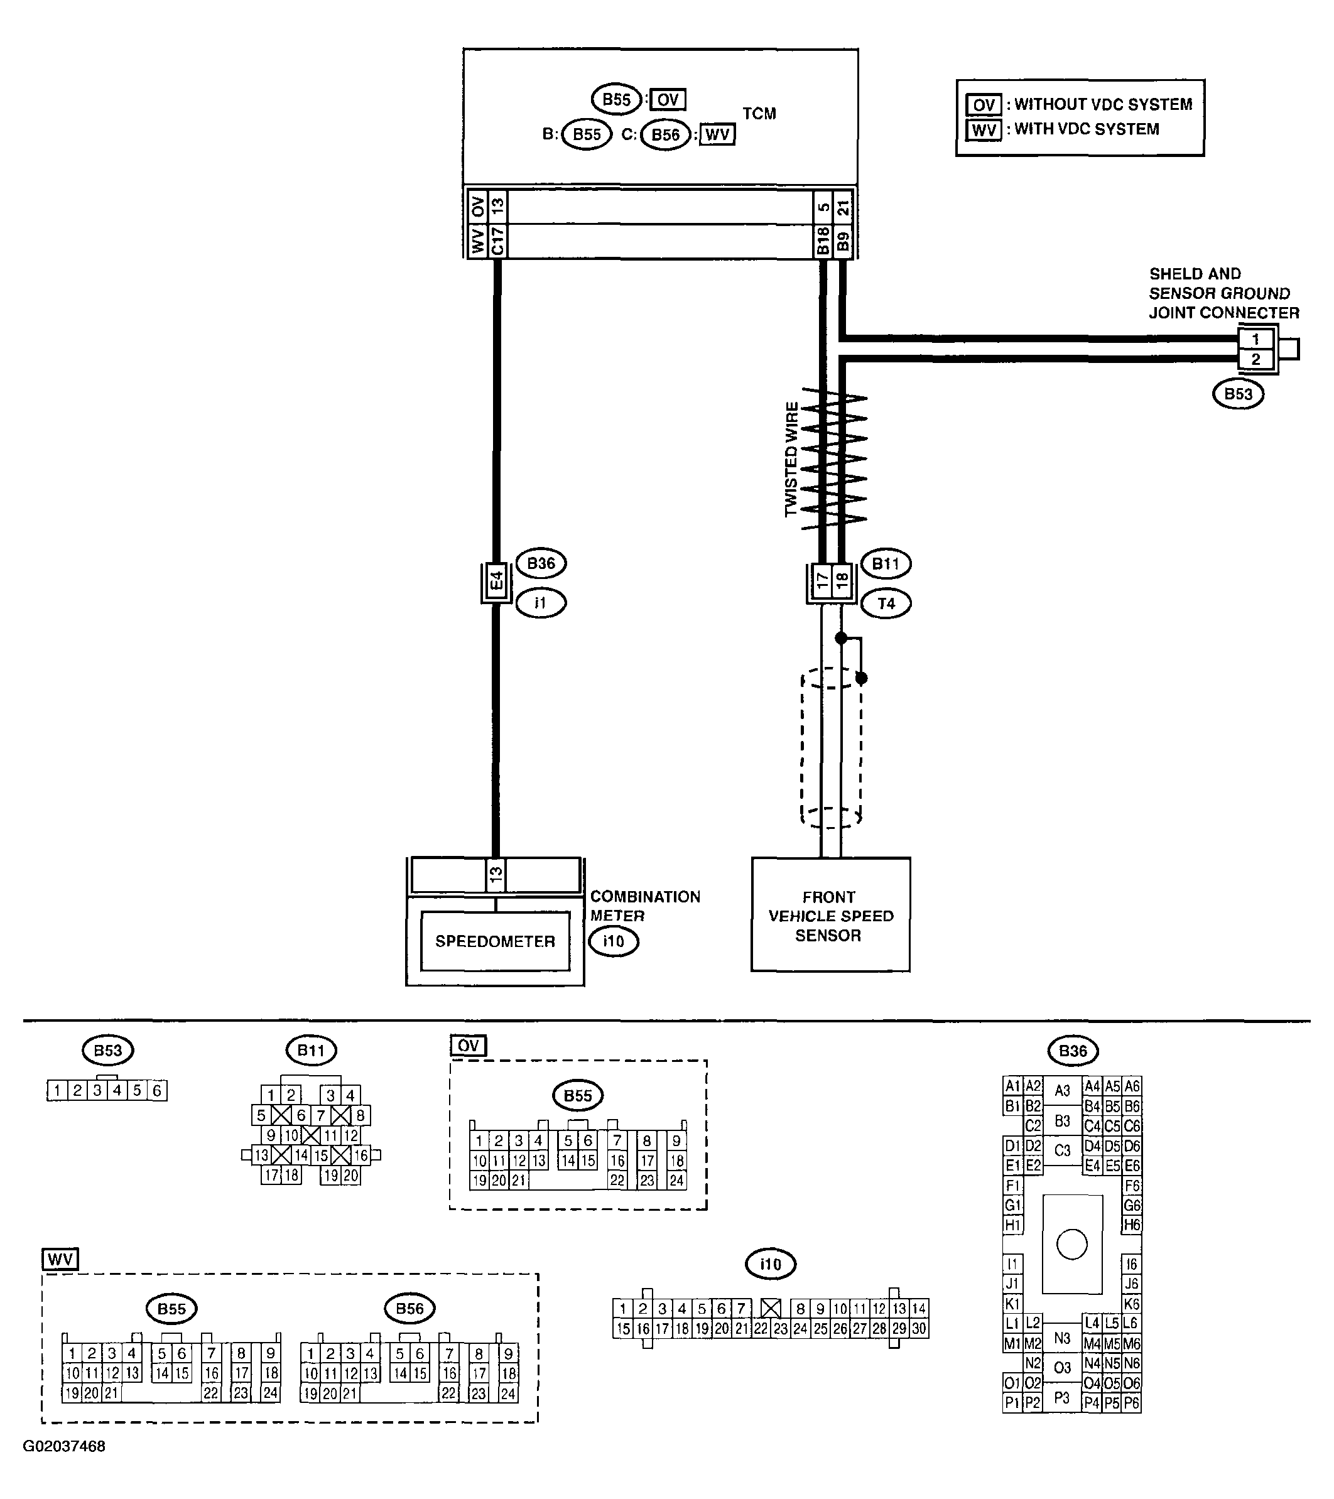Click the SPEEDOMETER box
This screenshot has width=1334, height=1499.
(495, 941)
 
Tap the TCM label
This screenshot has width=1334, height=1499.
(759, 114)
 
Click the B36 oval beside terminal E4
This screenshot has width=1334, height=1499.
(541, 563)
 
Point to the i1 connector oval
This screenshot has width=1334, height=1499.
(541, 603)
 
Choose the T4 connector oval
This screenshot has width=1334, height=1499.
(886, 603)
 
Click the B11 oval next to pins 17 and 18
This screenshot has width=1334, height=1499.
(885, 564)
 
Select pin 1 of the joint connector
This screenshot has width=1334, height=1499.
(1255, 340)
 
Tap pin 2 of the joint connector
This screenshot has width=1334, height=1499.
(1255, 359)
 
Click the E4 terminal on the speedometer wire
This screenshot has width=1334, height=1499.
(497, 582)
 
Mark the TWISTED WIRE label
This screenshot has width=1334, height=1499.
(791, 459)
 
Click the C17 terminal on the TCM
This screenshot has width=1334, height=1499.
(497, 241)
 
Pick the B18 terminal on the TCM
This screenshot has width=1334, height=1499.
(823, 241)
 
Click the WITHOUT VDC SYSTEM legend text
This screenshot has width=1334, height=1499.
(1102, 104)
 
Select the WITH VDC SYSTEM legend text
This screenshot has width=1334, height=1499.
(1086, 129)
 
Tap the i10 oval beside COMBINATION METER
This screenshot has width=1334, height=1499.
(614, 941)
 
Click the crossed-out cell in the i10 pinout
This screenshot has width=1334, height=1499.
(770, 1308)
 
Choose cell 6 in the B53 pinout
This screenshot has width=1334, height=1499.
(157, 1091)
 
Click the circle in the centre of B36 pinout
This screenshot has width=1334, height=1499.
(1071, 1245)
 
